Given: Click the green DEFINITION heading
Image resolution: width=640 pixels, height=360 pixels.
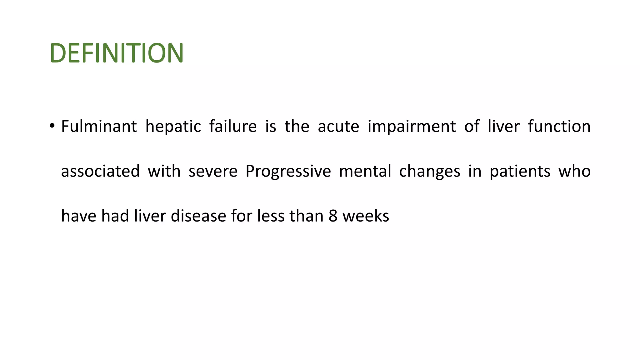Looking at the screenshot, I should [117, 53].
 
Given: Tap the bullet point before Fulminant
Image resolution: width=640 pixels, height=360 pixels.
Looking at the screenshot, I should [52, 126].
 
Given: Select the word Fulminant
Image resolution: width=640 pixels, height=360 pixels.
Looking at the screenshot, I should [99, 127].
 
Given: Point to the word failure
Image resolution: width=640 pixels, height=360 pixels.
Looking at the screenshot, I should [233, 127].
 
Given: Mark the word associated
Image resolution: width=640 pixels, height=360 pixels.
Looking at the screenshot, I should [100, 171].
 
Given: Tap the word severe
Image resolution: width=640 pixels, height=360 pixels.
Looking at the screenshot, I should [213, 172].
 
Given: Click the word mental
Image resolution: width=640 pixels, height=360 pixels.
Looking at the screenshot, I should [365, 171].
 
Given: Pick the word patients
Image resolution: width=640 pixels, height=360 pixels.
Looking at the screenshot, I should [520, 172].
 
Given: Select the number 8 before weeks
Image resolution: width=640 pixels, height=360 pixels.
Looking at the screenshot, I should [333, 216].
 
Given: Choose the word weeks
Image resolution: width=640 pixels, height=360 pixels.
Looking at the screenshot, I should [366, 216].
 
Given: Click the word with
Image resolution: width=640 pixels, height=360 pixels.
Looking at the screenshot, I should [164, 171].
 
